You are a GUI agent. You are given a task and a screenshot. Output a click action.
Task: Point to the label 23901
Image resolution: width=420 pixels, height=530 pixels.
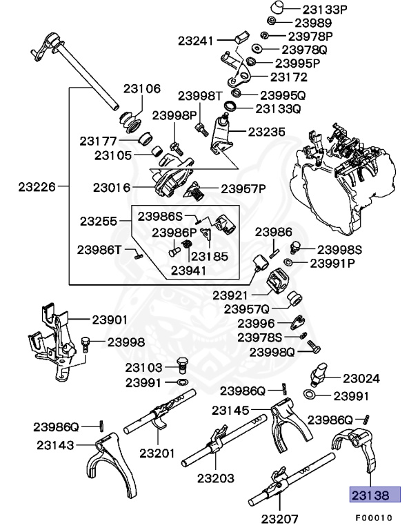110,320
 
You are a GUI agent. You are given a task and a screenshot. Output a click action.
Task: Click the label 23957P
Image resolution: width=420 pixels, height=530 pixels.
243,188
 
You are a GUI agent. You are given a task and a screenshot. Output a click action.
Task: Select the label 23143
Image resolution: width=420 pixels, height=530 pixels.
56,445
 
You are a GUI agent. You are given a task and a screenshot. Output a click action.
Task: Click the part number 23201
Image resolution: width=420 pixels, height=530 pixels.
158,453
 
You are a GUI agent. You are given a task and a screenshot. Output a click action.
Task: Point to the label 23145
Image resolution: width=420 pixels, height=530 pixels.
230,411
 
